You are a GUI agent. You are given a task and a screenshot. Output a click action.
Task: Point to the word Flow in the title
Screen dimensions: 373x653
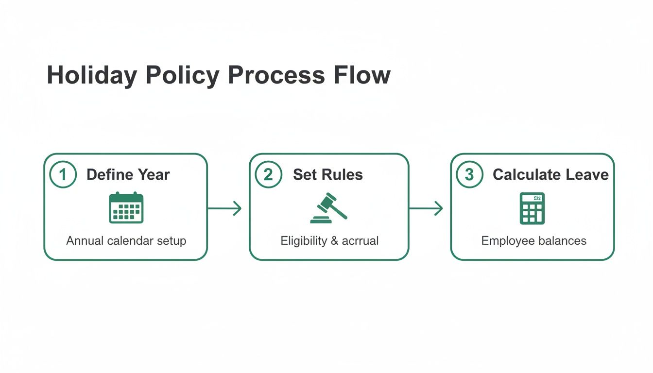362,76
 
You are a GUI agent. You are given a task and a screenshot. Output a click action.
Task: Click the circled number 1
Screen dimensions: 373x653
63,175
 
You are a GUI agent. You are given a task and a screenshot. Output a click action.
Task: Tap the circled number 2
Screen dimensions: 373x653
268,175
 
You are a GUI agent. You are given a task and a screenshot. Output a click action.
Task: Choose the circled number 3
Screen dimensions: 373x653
469,175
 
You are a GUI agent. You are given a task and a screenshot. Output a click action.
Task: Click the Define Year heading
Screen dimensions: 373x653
128,175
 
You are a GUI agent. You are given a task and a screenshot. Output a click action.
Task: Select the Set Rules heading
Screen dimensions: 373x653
328,175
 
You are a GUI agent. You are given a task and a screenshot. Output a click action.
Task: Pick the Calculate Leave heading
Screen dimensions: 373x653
550,175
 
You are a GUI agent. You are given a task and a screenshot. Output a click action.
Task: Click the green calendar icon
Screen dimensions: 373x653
126,208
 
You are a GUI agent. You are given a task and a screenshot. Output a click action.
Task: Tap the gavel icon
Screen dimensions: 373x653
328,208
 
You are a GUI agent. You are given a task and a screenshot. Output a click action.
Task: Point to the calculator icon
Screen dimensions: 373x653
532,208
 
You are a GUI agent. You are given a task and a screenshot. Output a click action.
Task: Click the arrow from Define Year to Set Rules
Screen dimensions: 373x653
224,209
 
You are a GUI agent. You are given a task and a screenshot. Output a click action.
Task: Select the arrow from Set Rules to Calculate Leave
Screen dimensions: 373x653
426,209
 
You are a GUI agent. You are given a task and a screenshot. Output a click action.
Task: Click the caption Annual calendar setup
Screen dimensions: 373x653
126,241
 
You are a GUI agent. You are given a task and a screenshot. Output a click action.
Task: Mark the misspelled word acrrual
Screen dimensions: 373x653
360,241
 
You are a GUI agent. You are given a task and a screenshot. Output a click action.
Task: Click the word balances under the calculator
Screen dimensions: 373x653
563,241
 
